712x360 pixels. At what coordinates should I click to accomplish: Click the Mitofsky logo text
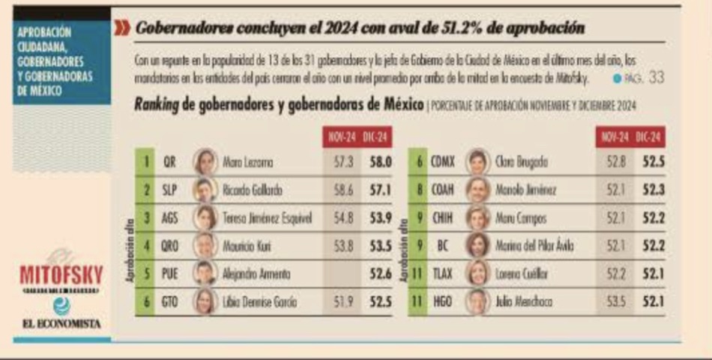point(62,274)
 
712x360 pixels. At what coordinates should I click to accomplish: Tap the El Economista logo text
point(62,324)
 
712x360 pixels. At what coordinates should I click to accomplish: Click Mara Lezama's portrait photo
point(205,161)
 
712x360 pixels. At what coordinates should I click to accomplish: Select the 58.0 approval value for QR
point(378,162)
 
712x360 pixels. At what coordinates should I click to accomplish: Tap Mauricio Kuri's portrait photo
point(205,246)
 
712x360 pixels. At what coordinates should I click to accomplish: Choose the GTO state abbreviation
point(171,301)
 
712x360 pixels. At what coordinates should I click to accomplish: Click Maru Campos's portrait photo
point(477,218)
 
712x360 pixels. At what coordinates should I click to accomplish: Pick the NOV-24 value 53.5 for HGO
point(615,301)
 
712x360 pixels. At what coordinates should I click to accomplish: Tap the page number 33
point(656,77)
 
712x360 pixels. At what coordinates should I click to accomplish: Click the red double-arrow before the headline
point(121,28)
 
